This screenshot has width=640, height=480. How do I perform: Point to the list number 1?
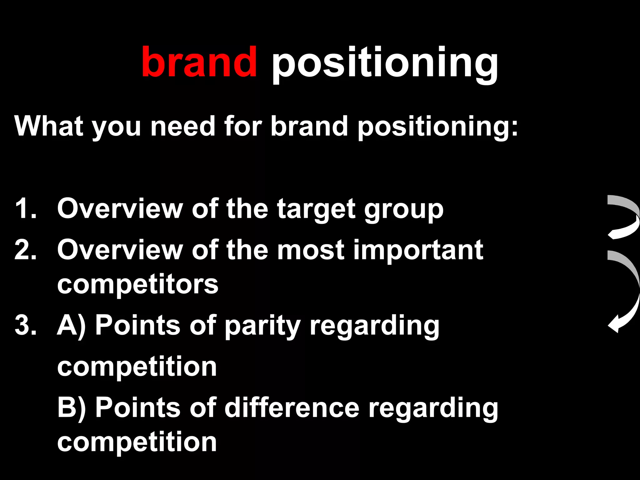click(25, 208)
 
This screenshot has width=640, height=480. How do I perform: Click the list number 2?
click(25, 250)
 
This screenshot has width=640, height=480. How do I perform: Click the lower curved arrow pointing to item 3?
click(624, 291)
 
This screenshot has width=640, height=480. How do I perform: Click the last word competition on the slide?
click(137, 442)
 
